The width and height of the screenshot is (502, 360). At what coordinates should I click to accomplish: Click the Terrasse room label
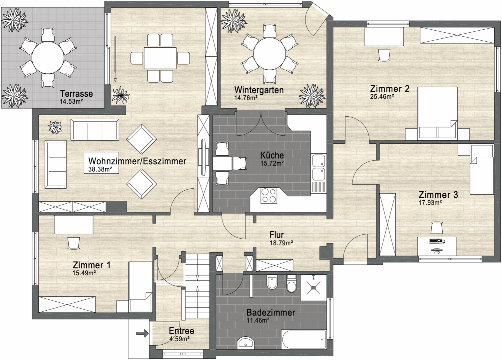click(76, 93)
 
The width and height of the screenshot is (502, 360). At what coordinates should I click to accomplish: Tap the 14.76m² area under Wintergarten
click(246, 98)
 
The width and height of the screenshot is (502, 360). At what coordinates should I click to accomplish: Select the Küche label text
click(272, 155)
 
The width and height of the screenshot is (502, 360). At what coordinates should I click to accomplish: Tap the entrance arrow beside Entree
click(142, 333)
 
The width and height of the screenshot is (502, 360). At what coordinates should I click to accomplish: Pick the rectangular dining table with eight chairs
click(160, 58)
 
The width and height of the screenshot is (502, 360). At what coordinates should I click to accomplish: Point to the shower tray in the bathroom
click(313, 288)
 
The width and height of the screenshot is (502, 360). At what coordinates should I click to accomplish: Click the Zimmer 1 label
click(91, 265)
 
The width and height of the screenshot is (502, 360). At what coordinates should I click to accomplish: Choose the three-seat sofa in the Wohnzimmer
click(95, 130)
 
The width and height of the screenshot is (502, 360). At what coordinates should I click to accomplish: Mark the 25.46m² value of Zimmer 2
click(382, 96)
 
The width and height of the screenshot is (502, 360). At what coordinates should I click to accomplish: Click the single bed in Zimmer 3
click(481, 169)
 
